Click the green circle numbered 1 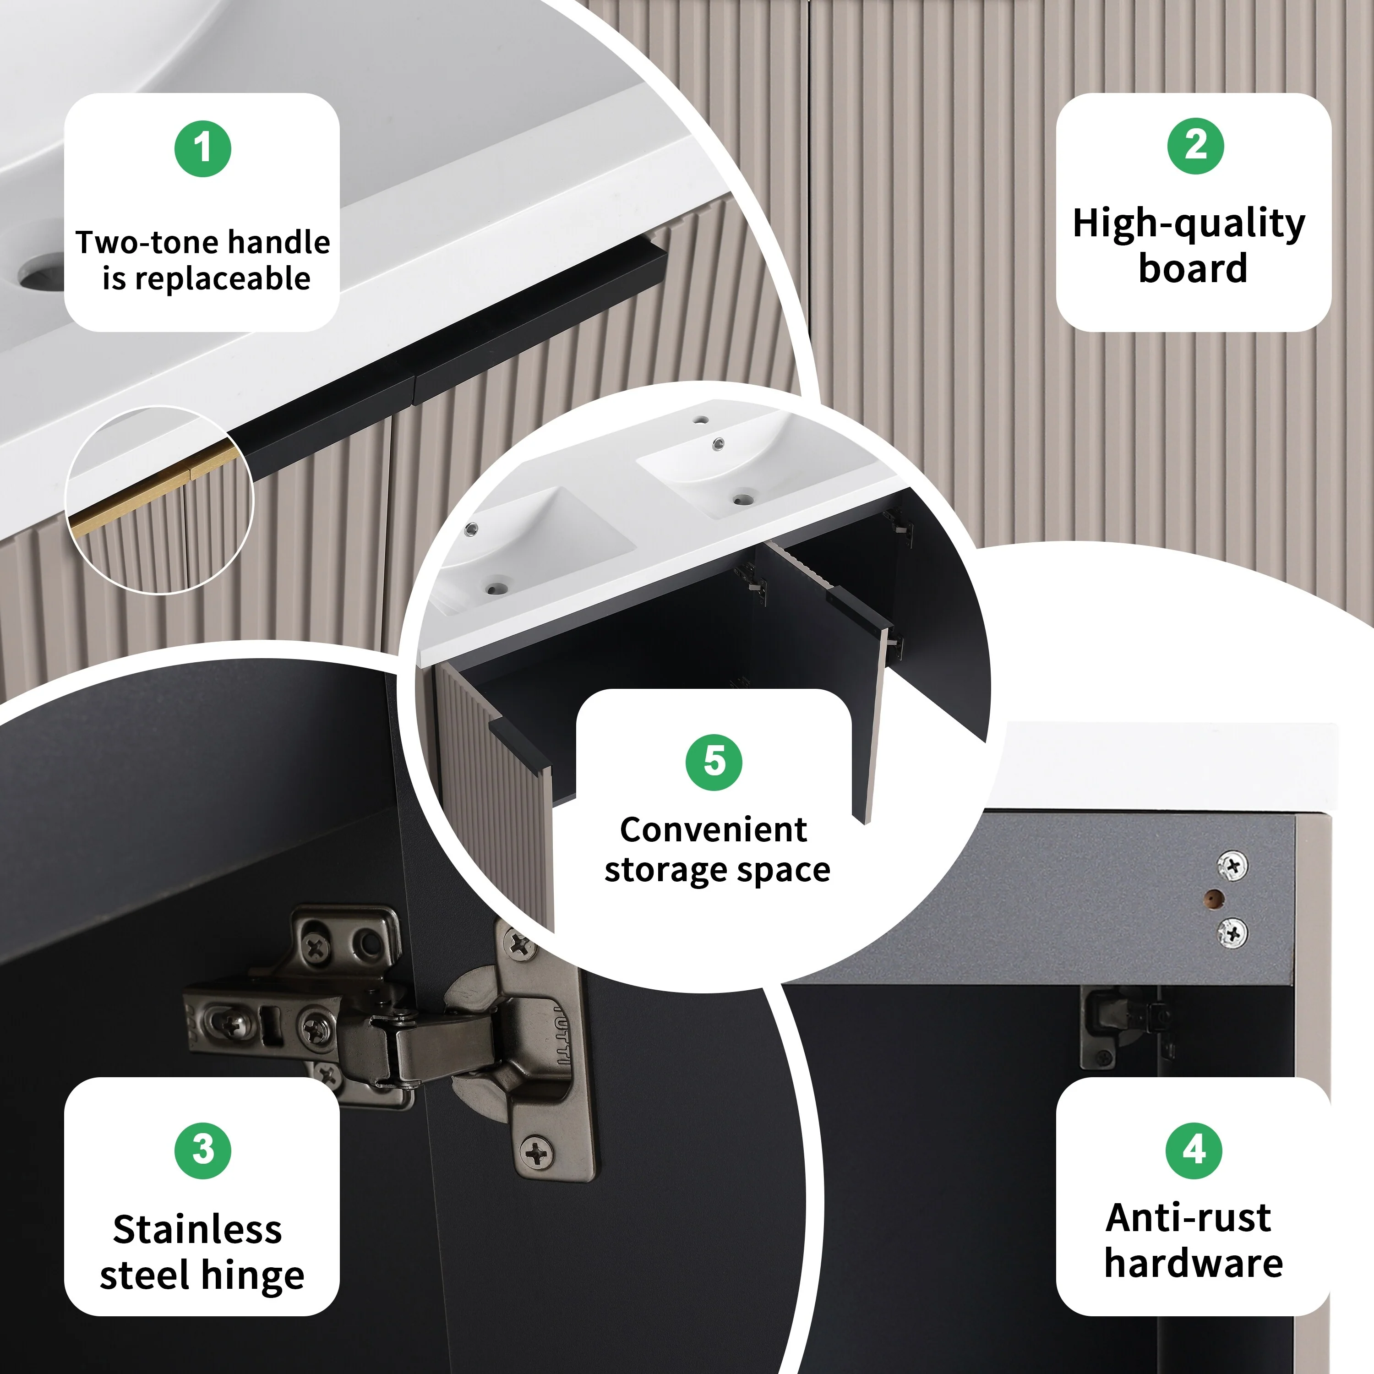click(x=203, y=149)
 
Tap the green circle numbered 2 click(x=1195, y=146)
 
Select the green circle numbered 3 click(x=203, y=1150)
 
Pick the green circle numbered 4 click(x=1194, y=1150)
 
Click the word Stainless click(x=198, y=1230)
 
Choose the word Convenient click(x=713, y=829)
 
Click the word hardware click(x=1194, y=1263)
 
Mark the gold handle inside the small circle click(x=153, y=486)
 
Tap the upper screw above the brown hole click(x=1232, y=866)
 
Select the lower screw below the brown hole click(x=1232, y=932)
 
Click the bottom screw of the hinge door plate click(x=537, y=1152)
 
